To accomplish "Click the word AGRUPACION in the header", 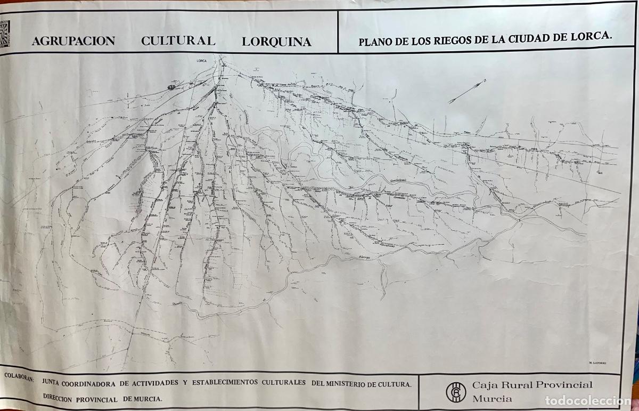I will click(x=73, y=42).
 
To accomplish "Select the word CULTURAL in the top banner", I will click(x=178, y=41).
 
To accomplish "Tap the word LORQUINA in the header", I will click(x=276, y=42).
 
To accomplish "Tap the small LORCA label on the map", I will click(x=202, y=62).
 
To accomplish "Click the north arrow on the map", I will click(x=467, y=91).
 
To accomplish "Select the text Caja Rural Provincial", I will click(x=532, y=385).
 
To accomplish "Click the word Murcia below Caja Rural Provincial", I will click(x=492, y=398).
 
